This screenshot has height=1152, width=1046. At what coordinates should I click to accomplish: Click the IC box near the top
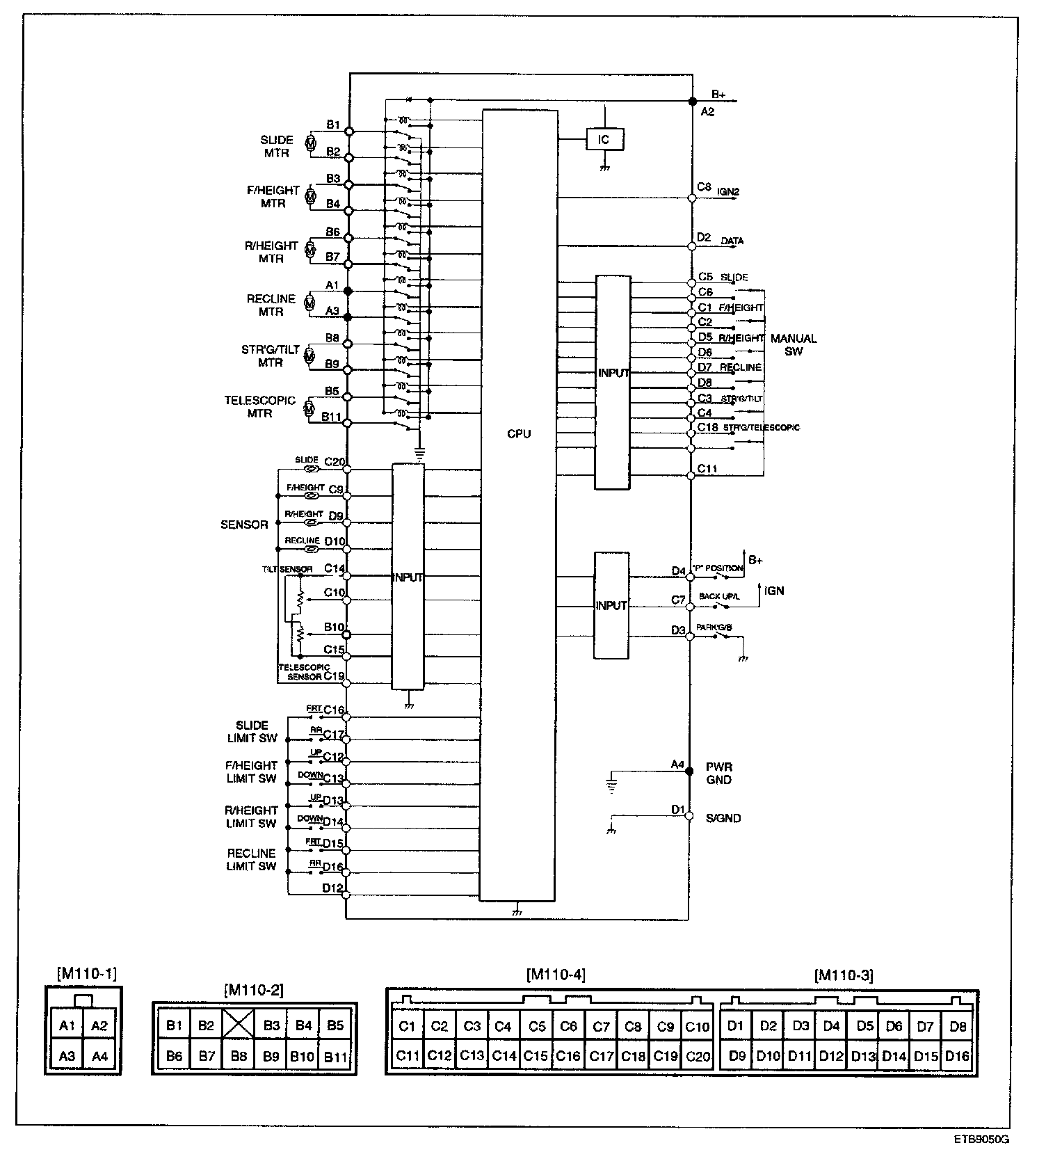click(x=604, y=140)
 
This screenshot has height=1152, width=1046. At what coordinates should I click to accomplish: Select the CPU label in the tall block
click(x=519, y=434)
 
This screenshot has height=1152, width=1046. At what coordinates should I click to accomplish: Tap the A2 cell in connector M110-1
click(x=100, y=1025)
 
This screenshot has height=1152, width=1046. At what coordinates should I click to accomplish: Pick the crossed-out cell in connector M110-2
click(x=239, y=1025)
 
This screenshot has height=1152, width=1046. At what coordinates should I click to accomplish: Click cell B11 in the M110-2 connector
click(x=336, y=1057)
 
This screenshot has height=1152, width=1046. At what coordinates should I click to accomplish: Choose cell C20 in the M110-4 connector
click(x=698, y=1056)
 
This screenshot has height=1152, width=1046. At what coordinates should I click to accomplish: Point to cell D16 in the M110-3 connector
click(x=958, y=1056)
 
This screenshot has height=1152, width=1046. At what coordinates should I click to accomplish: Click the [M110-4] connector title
click(x=556, y=975)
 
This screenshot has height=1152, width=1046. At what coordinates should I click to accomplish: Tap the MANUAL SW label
click(x=794, y=345)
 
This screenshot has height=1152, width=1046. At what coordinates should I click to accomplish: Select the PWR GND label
click(x=718, y=774)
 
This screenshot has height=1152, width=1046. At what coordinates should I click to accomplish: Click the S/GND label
click(x=723, y=818)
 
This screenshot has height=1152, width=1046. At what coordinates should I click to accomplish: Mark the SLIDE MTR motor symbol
click(x=312, y=145)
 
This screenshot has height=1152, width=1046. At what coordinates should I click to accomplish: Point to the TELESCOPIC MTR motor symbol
click(x=309, y=409)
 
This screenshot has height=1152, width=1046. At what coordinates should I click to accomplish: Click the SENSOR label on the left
click(x=244, y=525)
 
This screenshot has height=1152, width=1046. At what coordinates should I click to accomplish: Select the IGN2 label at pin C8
click(x=728, y=191)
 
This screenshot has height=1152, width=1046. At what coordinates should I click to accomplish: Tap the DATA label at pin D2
click(x=732, y=241)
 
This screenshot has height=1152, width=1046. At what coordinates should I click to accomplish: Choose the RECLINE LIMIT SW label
click(x=252, y=860)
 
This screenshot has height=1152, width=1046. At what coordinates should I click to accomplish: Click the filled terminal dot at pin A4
click(x=690, y=771)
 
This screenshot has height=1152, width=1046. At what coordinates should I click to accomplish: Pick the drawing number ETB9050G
click(x=981, y=1139)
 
